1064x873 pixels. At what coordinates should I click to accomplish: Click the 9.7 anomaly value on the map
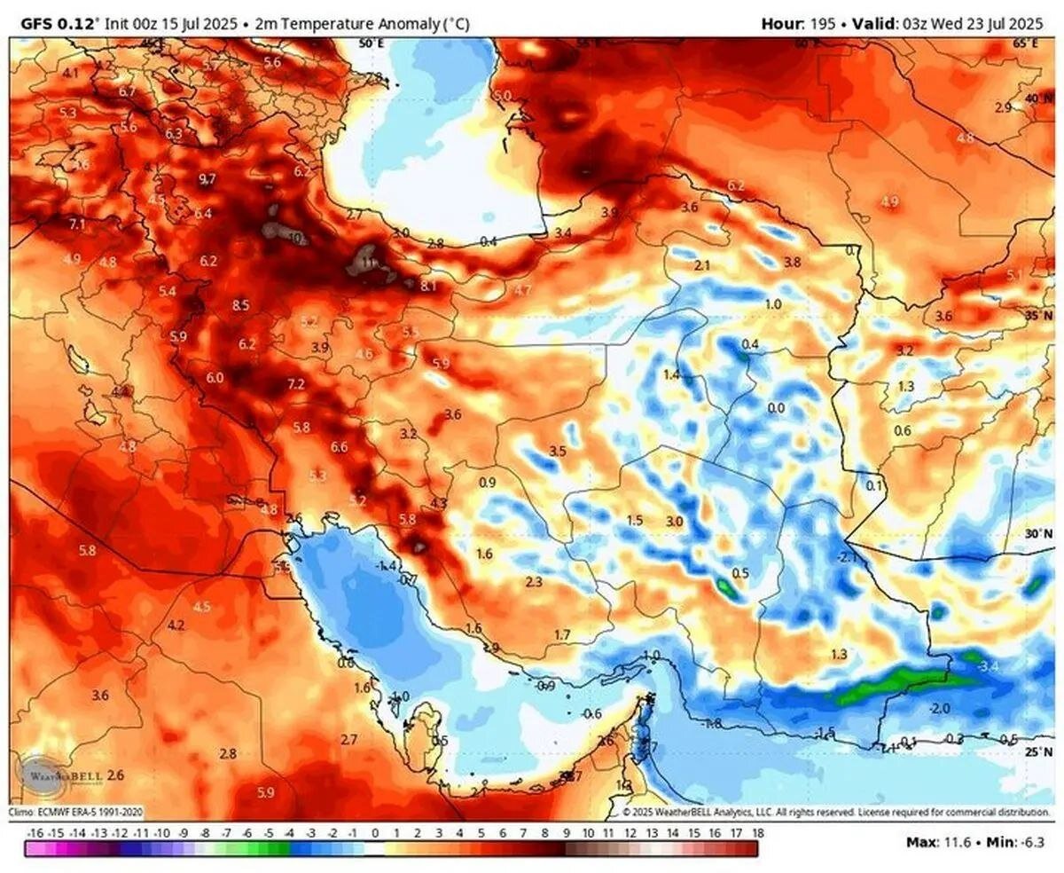[207, 179]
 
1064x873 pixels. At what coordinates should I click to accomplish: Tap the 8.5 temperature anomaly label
[240, 305]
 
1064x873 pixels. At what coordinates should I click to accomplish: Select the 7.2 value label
[296, 384]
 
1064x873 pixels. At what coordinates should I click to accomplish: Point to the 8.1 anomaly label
[429, 286]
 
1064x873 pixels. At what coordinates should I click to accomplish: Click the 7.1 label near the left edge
[77, 224]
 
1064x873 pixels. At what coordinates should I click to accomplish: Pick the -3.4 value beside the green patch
[987, 665]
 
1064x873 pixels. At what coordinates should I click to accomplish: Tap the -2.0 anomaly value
[940, 709]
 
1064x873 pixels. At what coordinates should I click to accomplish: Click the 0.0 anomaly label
[776, 408]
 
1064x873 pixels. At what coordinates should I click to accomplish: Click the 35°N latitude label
[1038, 315]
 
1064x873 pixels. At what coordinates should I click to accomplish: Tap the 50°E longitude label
[371, 43]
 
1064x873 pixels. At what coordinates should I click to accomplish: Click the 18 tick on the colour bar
[758, 834]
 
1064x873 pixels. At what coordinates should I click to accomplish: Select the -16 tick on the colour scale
[35, 834]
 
